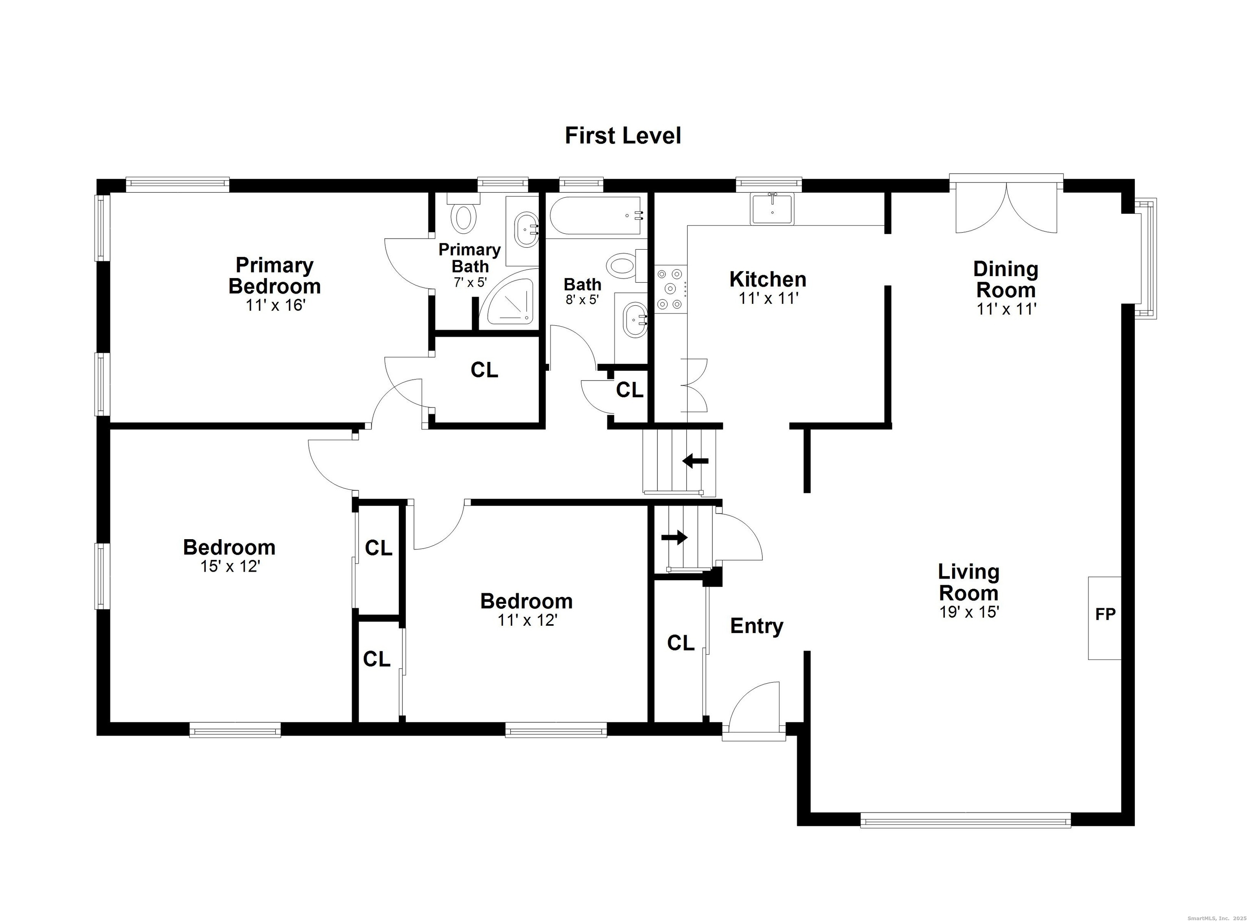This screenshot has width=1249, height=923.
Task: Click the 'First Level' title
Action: coord(623,136)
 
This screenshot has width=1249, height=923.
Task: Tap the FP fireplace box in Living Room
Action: coord(1104,618)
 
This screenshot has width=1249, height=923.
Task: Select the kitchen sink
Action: coord(772,209)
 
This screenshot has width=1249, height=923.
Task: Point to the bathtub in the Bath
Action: coord(596,215)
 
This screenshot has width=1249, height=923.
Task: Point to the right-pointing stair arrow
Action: coord(674,538)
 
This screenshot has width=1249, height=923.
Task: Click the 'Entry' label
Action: coord(756,626)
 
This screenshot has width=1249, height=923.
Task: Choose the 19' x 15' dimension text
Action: coord(968,612)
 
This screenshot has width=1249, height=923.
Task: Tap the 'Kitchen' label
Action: coord(768,279)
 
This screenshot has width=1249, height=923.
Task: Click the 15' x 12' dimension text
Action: coord(230,566)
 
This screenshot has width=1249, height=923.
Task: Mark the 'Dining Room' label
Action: coord(1005,279)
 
